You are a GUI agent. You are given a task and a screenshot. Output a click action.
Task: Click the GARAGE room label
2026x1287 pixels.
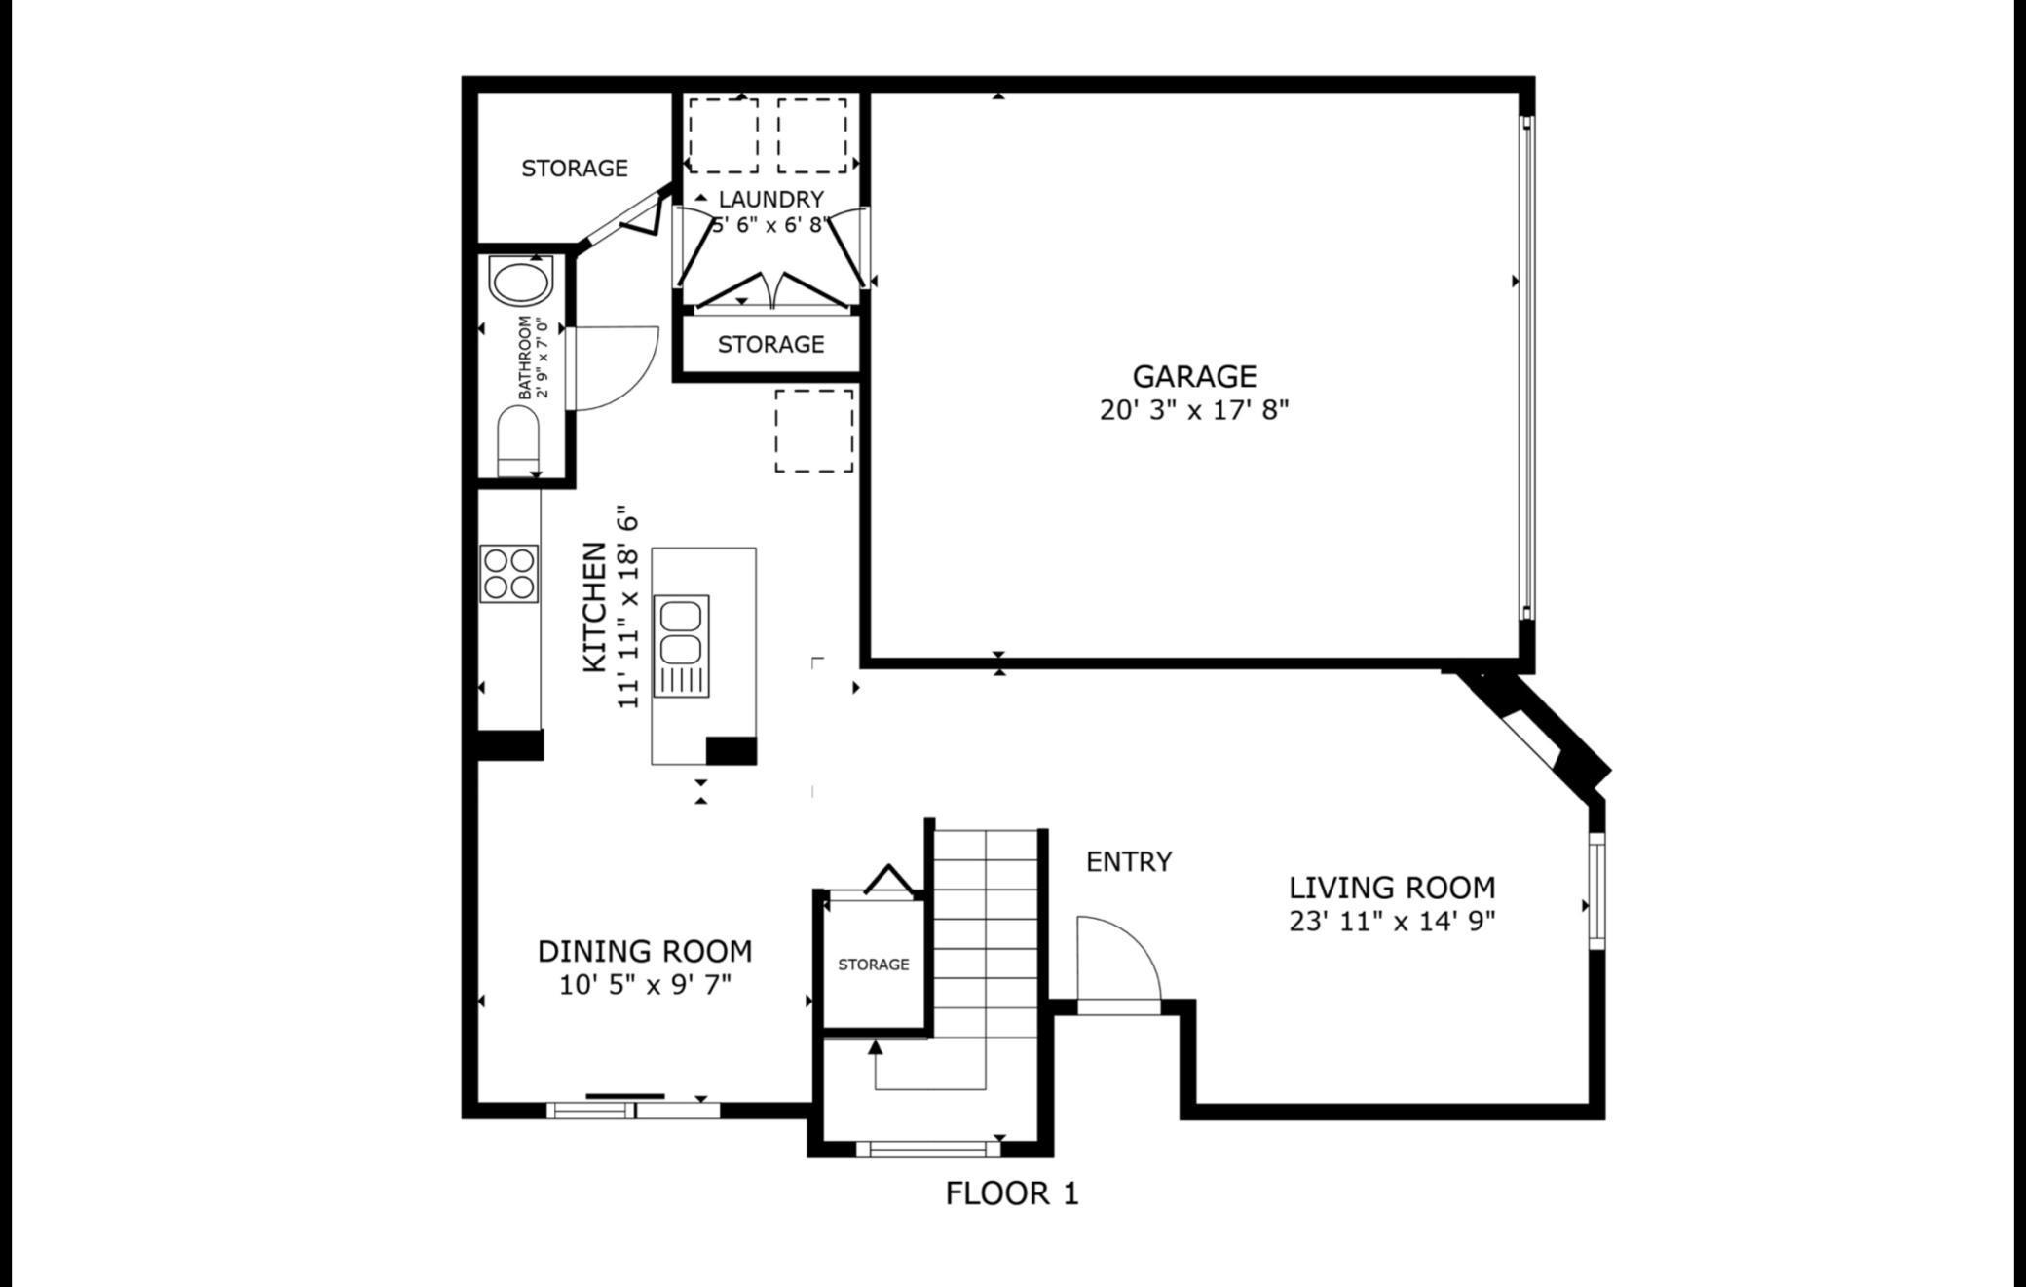tap(1193, 376)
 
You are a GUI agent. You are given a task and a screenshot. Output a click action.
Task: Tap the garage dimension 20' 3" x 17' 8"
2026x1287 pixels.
tap(1193, 410)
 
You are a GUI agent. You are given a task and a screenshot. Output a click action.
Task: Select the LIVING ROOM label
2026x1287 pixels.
tap(1391, 888)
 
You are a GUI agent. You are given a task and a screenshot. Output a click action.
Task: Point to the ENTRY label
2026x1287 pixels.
tap(1128, 861)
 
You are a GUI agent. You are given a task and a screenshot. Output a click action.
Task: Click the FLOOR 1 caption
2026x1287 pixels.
tap(1011, 1193)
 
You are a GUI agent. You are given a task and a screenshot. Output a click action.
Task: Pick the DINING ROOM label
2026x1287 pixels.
tap(645, 951)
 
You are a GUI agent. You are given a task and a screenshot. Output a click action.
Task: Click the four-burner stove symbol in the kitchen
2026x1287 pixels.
tap(508, 574)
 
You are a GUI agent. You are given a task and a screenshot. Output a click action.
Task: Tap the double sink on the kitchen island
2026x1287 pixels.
tap(681, 633)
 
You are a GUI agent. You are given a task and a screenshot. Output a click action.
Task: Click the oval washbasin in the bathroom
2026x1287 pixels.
tap(520, 283)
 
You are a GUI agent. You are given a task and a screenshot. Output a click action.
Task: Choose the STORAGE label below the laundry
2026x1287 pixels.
tap(770, 344)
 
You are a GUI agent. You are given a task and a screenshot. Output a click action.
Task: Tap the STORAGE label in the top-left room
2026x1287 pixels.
tap(574, 169)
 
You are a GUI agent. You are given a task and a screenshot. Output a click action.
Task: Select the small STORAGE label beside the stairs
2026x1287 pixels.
tap(873, 965)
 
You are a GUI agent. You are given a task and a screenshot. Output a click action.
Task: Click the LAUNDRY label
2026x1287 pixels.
tap(770, 199)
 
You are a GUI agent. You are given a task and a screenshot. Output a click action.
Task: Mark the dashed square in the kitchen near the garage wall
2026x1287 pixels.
tap(813, 431)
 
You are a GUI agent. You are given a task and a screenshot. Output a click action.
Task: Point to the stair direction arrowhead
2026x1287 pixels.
tap(875, 1047)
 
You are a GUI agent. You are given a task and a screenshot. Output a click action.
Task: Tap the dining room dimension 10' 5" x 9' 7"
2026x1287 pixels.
tap(645, 985)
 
